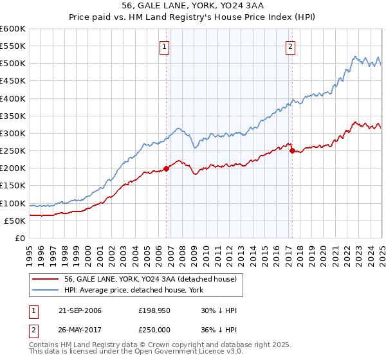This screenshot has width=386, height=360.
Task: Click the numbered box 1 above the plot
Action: (x=165, y=46)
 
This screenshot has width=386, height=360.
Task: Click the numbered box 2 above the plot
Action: (x=291, y=46)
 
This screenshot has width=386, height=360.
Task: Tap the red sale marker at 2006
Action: (x=167, y=168)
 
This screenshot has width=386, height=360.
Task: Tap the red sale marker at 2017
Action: (x=292, y=151)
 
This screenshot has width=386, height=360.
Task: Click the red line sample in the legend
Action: (x=46, y=279)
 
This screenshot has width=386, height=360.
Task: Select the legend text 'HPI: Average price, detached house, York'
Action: (x=133, y=290)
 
